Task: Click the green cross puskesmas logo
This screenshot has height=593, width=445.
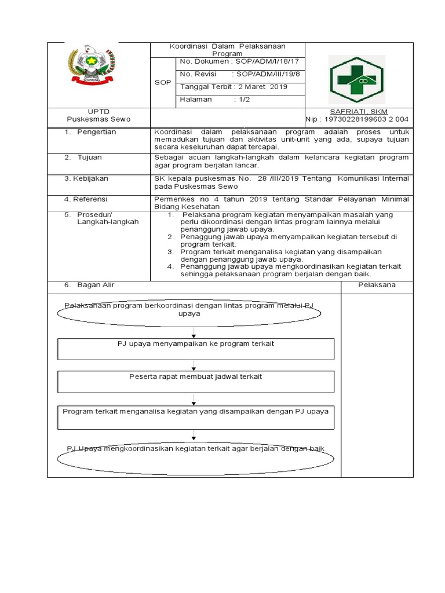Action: click(356, 79)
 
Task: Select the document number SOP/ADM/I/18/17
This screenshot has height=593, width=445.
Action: click(265, 61)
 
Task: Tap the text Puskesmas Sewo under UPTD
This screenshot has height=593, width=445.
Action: click(99, 119)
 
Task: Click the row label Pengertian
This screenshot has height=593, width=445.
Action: click(96, 132)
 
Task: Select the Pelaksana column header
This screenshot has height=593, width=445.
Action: click(377, 285)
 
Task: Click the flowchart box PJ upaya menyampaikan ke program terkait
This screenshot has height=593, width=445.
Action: click(196, 349)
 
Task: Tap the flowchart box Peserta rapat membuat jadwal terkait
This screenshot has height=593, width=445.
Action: click(196, 382)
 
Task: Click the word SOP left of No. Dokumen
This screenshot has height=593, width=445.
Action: click(163, 83)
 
